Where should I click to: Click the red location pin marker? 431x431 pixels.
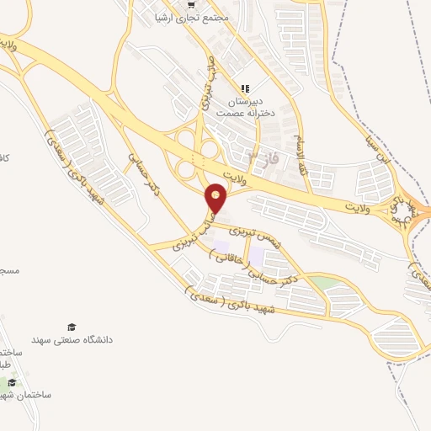coord(216,199)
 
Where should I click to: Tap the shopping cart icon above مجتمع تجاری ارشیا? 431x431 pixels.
coord(194,3)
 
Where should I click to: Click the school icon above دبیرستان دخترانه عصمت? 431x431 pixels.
coord(245,88)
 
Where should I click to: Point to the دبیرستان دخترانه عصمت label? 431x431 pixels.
coord(245,107)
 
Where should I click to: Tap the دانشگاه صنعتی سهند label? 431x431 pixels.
coord(72,340)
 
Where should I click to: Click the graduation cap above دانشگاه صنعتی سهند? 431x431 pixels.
coord(72,327)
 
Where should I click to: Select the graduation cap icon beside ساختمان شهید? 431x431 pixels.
coord(13,383)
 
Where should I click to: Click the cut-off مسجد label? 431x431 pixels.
coord(8,272)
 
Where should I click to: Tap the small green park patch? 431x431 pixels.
coord(318,281)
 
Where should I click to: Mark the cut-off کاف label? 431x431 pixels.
coord(4,157)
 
